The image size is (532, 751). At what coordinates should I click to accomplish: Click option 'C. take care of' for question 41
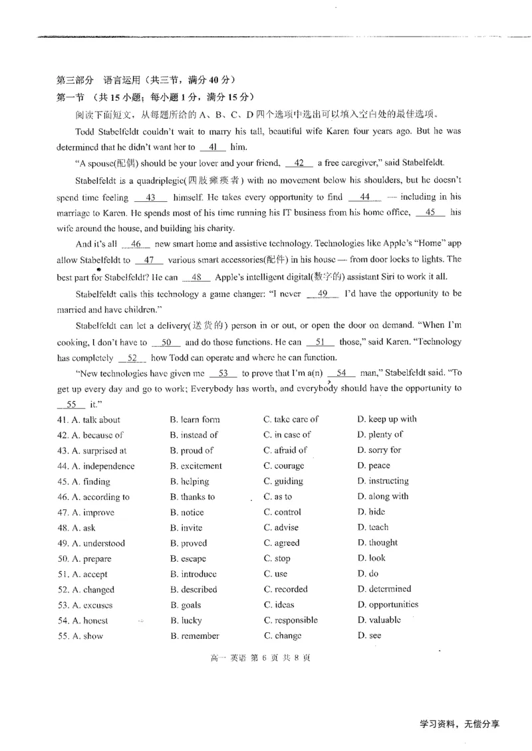pos(291,419)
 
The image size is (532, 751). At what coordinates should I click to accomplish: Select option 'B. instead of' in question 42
pos(194,435)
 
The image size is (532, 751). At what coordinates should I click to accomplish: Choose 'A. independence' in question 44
pos(96,466)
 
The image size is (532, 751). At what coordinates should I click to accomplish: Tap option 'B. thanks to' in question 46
pos(192,497)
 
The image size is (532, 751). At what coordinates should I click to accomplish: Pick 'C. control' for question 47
pos(282,512)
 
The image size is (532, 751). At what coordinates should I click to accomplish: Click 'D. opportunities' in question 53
pos(388,604)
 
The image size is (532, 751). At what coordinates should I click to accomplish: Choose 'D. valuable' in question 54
pos(379,620)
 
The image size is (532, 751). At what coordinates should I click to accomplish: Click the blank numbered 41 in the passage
pos(213,147)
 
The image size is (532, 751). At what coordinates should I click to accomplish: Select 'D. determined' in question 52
pos(384,589)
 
